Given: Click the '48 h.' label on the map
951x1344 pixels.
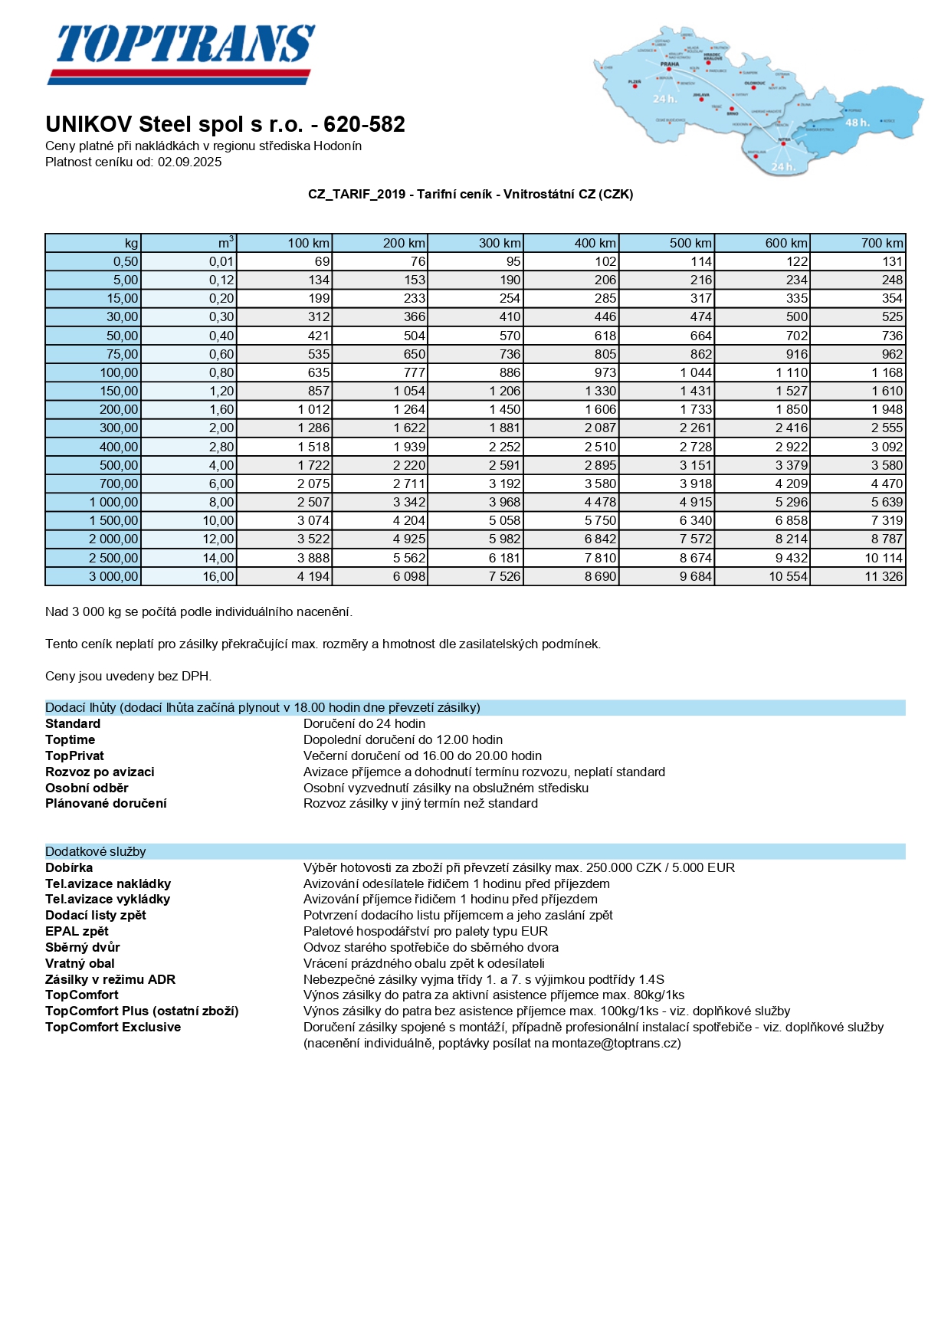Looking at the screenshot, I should pyautogui.click(x=857, y=123).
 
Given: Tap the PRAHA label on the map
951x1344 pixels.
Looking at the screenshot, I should pyautogui.click(x=669, y=64).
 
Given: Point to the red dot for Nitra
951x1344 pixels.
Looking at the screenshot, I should pyautogui.click(x=783, y=143).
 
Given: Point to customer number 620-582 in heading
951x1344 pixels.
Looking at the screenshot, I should pyautogui.click(x=364, y=124).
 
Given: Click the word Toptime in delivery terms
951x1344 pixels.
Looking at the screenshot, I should pyautogui.click(x=71, y=739).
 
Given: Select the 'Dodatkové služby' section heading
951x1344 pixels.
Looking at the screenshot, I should pyautogui.click(x=96, y=851).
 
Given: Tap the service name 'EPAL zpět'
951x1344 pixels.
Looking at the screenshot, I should pyautogui.click(x=77, y=931).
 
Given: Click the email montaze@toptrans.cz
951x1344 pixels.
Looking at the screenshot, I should pyautogui.click(x=615, y=1043).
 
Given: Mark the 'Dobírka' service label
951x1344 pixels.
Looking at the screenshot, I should pyautogui.click(x=69, y=867).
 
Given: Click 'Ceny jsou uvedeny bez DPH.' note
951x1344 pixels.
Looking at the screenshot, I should pyautogui.click(x=128, y=676).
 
